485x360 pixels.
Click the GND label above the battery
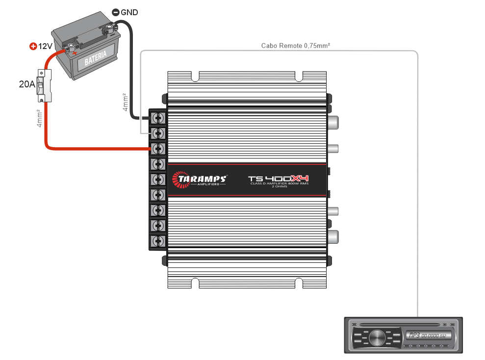click(x=129, y=12)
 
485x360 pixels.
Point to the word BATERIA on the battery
click(x=96, y=58)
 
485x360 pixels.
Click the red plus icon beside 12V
click(x=33, y=47)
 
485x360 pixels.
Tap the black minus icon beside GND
click(x=115, y=12)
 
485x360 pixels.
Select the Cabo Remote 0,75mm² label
click(x=295, y=46)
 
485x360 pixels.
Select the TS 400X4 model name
click(x=278, y=179)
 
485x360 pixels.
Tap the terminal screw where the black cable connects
click(x=158, y=118)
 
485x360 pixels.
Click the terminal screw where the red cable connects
click(x=158, y=148)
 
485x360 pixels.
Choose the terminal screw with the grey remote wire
click(x=158, y=133)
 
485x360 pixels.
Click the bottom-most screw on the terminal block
click(x=158, y=241)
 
